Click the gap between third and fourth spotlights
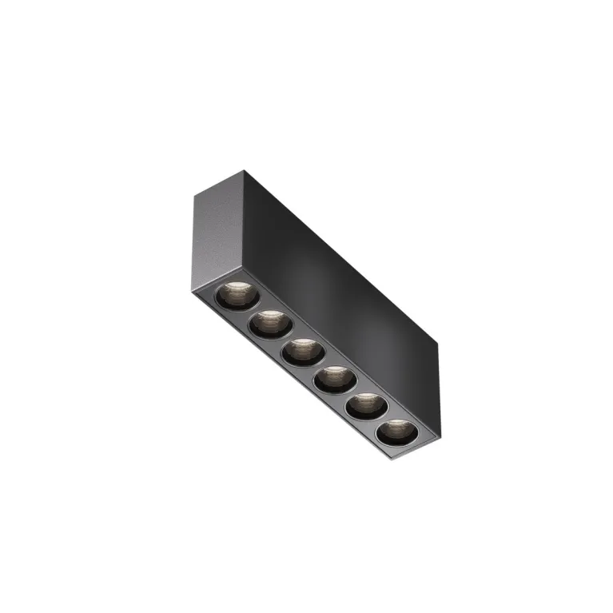pos(315,364)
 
